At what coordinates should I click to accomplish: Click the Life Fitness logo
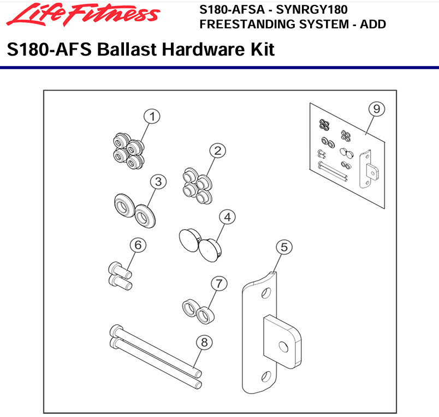83,15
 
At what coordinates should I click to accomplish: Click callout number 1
152,116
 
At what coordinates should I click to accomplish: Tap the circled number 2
217,151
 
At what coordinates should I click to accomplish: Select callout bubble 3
158,182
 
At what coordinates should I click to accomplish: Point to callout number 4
227,217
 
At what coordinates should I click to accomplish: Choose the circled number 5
284,247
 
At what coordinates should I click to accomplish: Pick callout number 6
138,245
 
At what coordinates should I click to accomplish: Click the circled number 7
219,283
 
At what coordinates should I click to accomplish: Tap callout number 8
204,342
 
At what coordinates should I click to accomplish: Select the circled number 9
377,109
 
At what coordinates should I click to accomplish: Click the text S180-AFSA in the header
232,9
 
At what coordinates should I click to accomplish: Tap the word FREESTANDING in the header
246,25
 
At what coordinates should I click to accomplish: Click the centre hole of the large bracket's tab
283,347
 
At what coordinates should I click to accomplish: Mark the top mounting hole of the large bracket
266,293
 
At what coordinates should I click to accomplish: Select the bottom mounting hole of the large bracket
266,377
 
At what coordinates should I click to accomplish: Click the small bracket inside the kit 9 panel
369,169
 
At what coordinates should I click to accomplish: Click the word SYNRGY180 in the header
312,9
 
